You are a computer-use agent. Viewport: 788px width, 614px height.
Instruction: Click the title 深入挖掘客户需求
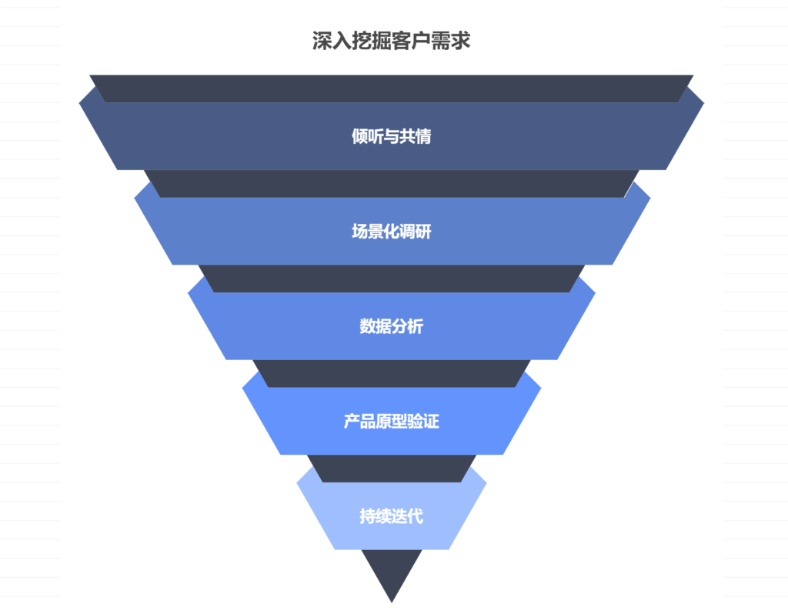[391, 41]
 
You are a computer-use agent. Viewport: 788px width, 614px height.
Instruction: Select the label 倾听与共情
[391, 137]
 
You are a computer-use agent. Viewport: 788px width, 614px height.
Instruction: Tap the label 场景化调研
[391, 232]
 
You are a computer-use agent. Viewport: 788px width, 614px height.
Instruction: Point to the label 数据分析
[391, 326]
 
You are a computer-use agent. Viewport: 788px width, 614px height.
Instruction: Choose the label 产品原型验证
[391, 422]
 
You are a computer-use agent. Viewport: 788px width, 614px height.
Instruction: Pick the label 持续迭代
[391, 516]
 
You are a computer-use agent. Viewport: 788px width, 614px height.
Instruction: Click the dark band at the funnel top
[391, 88]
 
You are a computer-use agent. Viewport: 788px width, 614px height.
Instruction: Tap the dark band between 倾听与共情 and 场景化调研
[391, 183]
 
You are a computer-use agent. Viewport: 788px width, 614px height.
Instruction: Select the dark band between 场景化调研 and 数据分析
[391, 279]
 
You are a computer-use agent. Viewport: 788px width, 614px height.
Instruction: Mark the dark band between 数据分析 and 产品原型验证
[391, 373]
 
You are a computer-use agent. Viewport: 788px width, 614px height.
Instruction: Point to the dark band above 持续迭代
[391, 468]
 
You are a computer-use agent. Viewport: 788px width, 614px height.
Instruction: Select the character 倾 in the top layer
[359, 137]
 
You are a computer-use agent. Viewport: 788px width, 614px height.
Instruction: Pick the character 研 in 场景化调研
[423, 232]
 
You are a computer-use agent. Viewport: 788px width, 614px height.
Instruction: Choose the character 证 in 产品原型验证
[431, 422]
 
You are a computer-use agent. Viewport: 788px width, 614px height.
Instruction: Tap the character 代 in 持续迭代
[415, 516]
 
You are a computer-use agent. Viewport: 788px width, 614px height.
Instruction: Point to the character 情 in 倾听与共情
[422, 137]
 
